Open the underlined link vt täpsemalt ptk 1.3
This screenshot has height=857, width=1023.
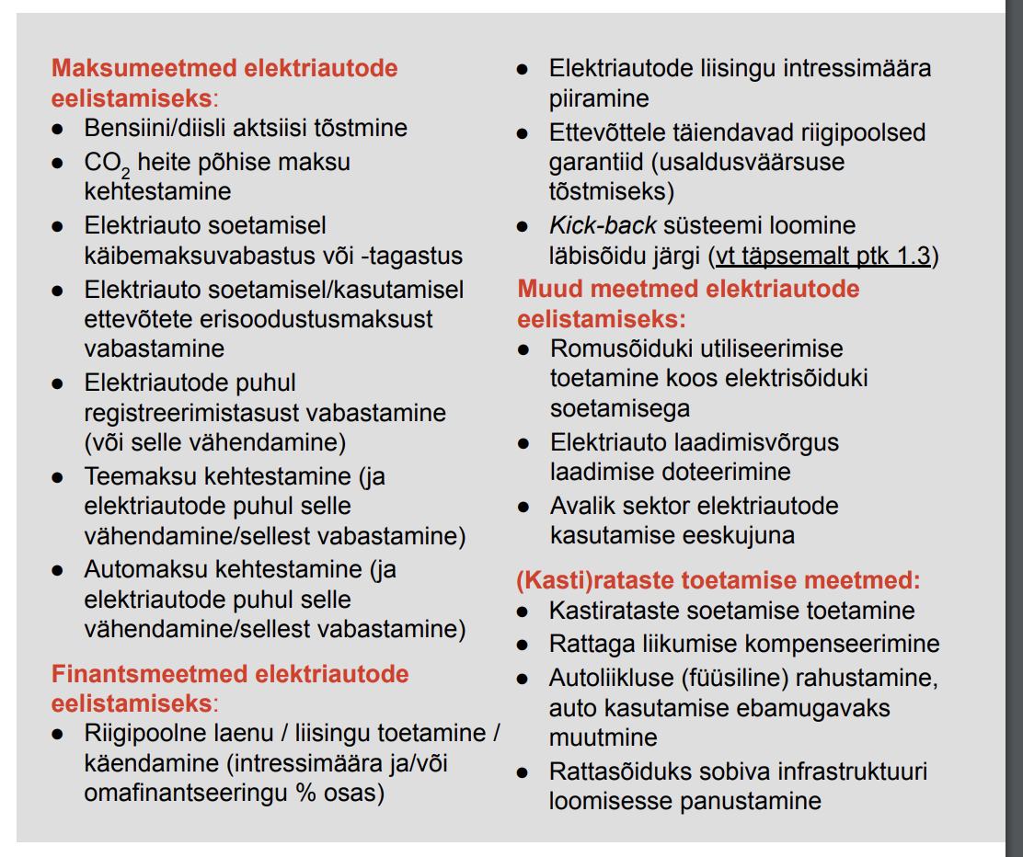(823, 256)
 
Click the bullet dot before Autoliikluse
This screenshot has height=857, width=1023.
(523, 680)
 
